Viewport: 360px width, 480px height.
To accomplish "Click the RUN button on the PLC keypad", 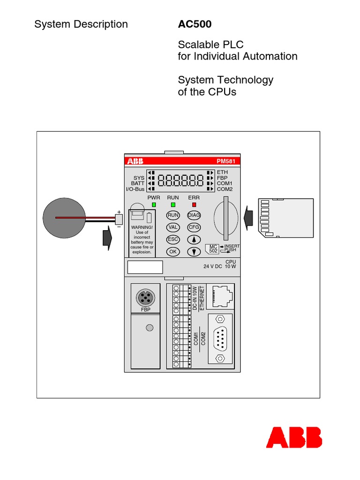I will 173,215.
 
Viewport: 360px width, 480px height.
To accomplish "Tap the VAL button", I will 173,227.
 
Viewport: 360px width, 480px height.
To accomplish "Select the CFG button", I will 194,227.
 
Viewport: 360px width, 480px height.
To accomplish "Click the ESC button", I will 173,240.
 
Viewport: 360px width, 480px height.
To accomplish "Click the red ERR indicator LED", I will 194,205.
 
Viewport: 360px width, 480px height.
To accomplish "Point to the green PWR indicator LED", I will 154,205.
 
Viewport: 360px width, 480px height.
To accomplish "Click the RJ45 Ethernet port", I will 220,295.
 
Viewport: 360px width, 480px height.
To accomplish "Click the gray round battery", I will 64,218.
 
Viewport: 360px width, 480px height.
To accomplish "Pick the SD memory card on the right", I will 286,217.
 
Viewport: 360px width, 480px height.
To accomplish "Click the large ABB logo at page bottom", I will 294,437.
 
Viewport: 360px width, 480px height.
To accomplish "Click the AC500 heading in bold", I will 195,24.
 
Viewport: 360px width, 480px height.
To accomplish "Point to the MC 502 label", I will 213,248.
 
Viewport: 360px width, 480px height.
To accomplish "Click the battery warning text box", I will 142,239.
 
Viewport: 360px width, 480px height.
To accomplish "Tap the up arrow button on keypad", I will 194,240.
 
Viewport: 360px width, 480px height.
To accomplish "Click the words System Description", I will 81,24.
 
